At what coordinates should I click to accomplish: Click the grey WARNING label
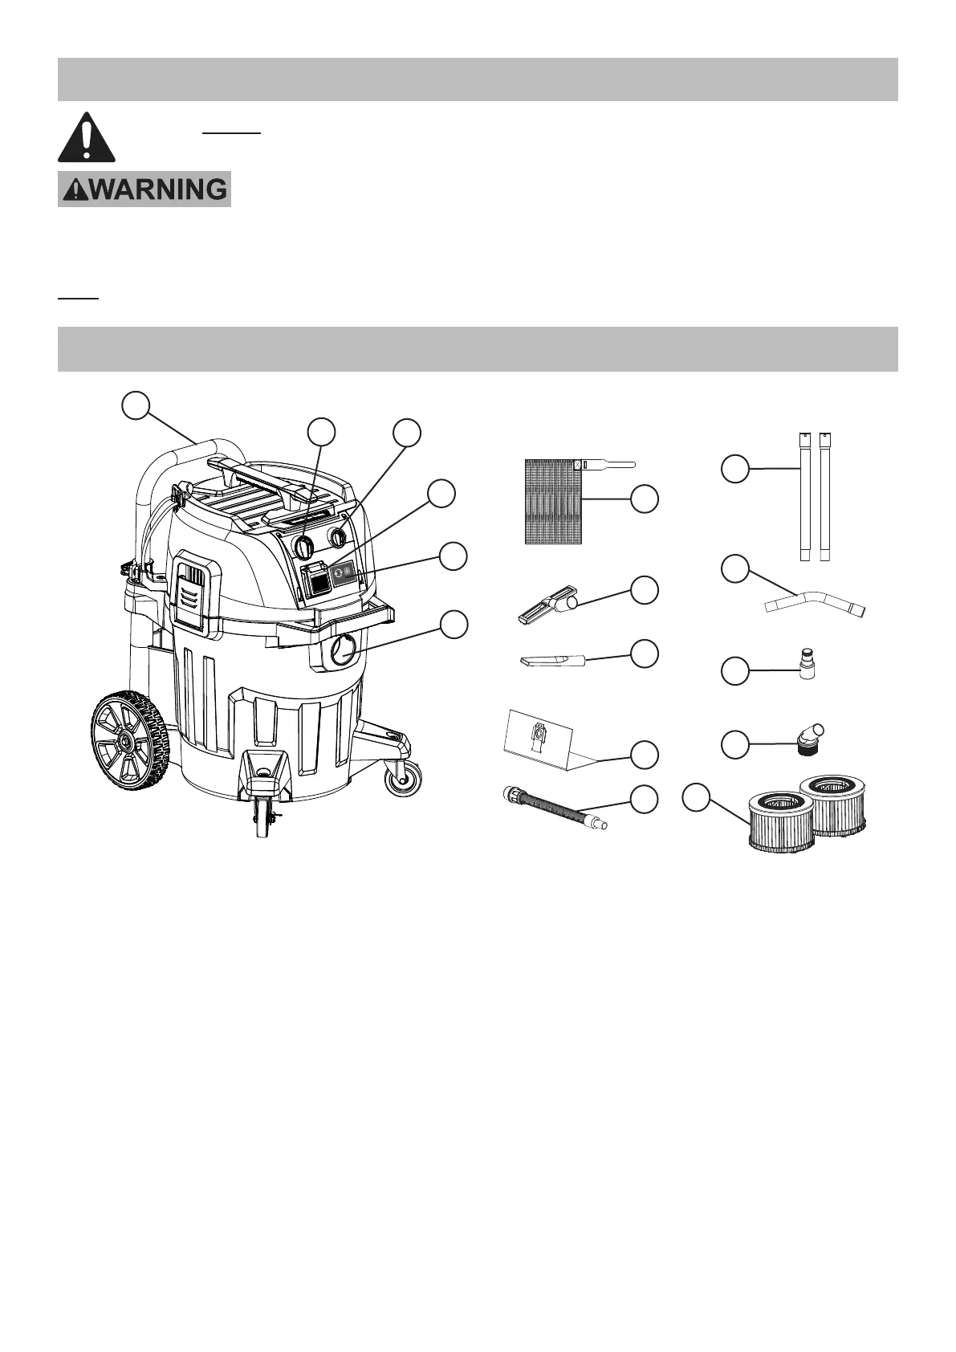point(144,189)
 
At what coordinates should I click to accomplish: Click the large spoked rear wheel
point(129,743)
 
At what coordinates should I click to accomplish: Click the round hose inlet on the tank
point(344,647)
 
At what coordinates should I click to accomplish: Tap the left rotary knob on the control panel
point(303,548)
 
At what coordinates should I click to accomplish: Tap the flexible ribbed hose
point(553,808)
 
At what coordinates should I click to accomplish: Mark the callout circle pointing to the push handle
point(137,405)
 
